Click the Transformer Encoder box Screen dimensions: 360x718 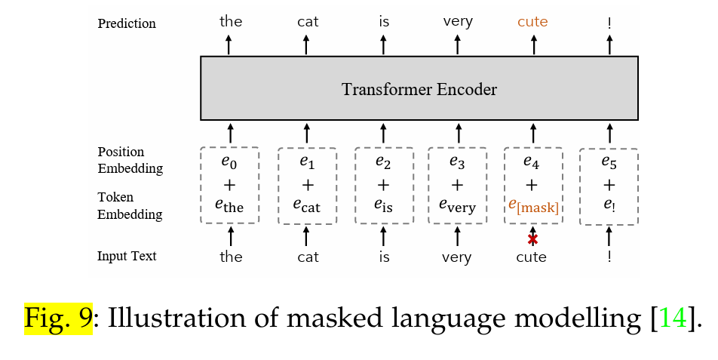coord(419,88)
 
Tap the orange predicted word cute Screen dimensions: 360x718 coord(532,22)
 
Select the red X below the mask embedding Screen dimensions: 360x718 coord(532,239)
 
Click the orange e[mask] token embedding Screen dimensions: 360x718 coord(533,205)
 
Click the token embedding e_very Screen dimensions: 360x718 coord(457,205)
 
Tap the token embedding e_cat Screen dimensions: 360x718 coord(307,205)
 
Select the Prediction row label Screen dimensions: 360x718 coord(127,23)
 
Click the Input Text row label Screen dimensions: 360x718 coord(127,256)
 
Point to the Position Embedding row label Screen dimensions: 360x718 coord(130,160)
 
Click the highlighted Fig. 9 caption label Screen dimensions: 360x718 coord(58,318)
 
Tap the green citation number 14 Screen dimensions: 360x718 coord(675,318)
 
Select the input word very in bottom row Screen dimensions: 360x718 coord(457,257)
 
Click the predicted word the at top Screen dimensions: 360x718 coord(231,21)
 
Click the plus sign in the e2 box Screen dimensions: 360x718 coord(383,185)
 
